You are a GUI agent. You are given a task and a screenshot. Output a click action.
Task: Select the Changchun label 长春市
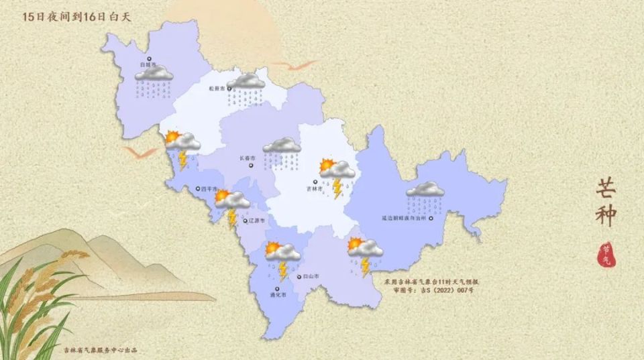coord(248,159)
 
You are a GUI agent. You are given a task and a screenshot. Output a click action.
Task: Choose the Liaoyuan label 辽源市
coord(256,220)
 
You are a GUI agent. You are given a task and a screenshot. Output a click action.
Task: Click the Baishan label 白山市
coord(310,276)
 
